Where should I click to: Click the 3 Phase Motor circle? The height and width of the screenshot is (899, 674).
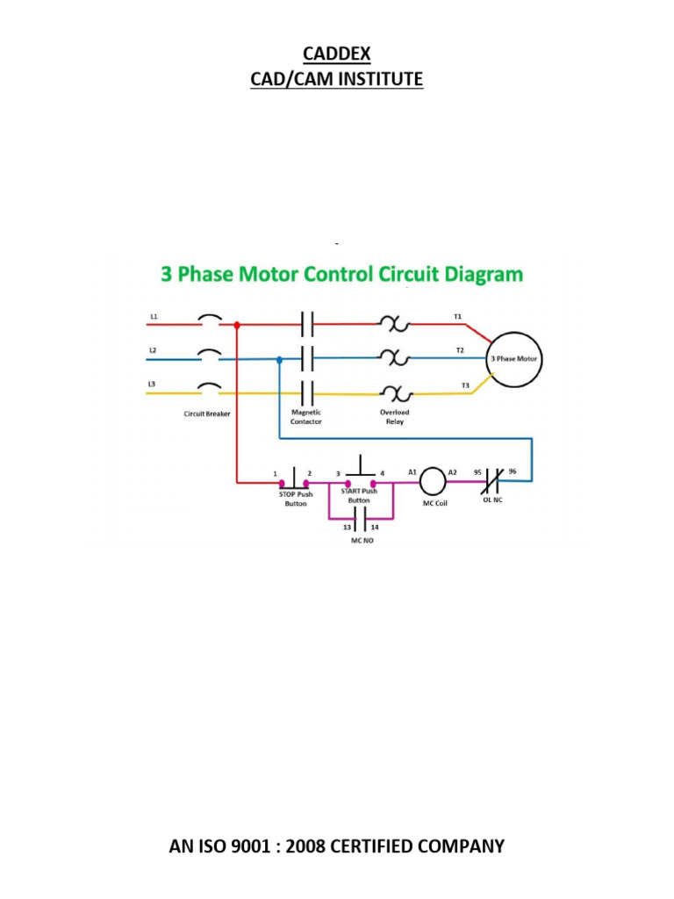pyautogui.click(x=516, y=359)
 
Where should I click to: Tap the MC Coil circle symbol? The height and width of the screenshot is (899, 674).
pyautogui.click(x=433, y=481)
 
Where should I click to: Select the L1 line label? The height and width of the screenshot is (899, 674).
pyautogui.click(x=154, y=315)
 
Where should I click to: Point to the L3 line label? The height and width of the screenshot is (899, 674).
pyautogui.click(x=154, y=385)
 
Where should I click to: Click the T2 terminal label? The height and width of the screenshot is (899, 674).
pyautogui.click(x=459, y=349)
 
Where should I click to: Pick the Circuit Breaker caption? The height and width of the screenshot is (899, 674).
pyautogui.click(x=207, y=414)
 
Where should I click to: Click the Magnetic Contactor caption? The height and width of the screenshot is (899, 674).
pyautogui.click(x=306, y=416)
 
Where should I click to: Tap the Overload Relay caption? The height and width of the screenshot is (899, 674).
pyautogui.click(x=394, y=416)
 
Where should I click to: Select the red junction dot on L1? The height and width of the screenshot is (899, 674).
pyautogui.click(x=237, y=325)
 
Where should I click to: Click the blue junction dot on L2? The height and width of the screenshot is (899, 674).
pyautogui.click(x=279, y=359)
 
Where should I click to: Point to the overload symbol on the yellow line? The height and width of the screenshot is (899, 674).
pyautogui.click(x=394, y=393)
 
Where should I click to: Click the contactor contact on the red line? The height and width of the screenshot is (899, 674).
pyautogui.click(x=306, y=325)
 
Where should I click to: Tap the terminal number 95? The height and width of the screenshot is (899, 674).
pyautogui.click(x=477, y=471)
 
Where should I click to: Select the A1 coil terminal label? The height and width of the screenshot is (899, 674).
pyautogui.click(x=412, y=471)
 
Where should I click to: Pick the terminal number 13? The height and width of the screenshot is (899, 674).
pyautogui.click(x=347, y=527)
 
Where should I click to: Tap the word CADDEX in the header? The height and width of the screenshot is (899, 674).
pyautogui.click(x=337, y=54)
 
